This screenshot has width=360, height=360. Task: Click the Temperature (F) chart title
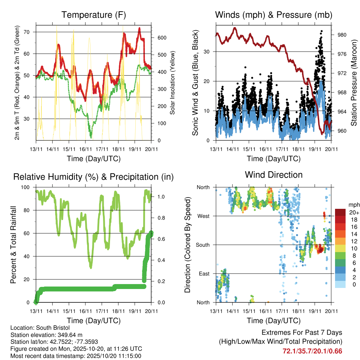tap(94, 15)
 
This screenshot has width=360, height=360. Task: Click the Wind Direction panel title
tap(274, 175)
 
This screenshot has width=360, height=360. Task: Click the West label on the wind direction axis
tap(204, 216)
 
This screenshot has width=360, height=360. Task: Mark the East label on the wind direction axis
tap(204, 274)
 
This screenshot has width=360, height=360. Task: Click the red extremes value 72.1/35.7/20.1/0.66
tap(313, 351)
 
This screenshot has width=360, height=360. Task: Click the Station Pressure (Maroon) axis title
tap(354, 83)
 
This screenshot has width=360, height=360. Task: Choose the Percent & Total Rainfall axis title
tap(13, 245)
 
